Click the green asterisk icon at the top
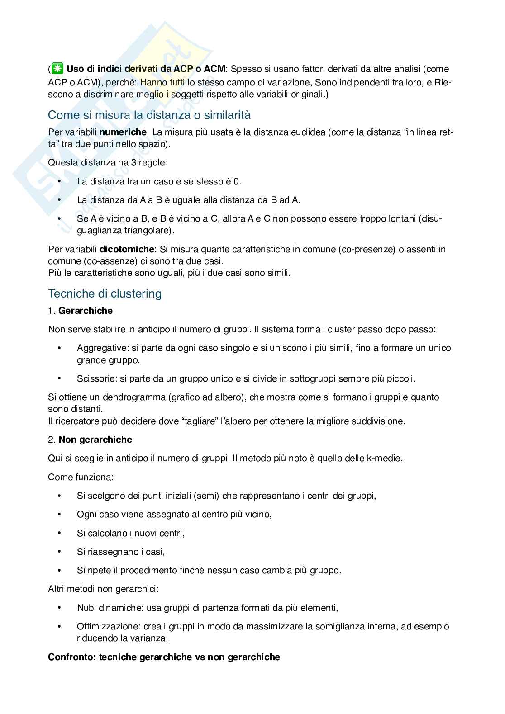coord(57,69)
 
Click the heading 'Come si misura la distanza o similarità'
coord(149,115)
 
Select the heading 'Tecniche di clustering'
coord(105,293)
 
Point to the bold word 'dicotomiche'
coord(127,249)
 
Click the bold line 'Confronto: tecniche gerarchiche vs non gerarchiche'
coord(164,657)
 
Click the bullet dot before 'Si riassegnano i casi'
coord(59,552)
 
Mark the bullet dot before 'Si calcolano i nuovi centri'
coord(59,533)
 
